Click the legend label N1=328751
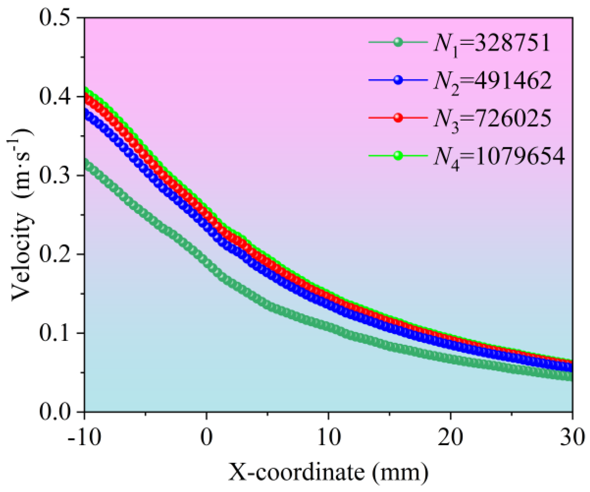(x=492, y=44)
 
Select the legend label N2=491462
(x=493, y=81)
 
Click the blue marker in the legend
(x=398, y=80)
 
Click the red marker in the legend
(x=398, y=118)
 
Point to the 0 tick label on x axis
(x=206, y=438)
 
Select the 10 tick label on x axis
(x=329, y=438)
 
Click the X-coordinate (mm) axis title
(x=328, y=472)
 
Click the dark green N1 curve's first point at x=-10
(x=86, y=163)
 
